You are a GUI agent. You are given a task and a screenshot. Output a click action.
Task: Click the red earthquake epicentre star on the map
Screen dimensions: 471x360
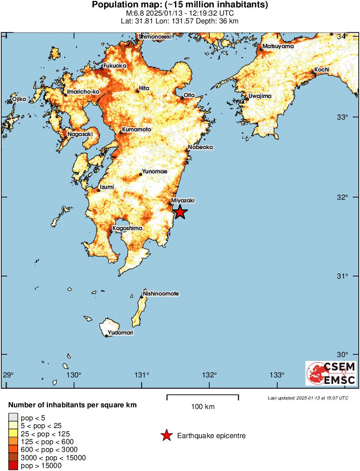point(180,212)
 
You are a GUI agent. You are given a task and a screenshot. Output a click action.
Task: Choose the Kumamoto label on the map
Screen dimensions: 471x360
point(136,130)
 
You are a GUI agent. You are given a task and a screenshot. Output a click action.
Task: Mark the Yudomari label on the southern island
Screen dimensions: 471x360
point(120,333)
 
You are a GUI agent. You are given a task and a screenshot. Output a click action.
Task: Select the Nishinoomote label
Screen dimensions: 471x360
point(161,294)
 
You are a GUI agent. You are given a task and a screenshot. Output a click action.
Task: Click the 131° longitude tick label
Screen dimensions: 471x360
point(142,375)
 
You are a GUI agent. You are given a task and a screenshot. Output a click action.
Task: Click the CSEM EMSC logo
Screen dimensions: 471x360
point(331,373)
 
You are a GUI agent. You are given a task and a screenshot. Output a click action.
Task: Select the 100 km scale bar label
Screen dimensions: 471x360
point(202,406)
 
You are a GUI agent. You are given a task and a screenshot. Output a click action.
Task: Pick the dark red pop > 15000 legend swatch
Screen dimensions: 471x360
point(13,466)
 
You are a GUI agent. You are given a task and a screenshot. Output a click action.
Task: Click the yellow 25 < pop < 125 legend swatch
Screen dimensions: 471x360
point(13,434)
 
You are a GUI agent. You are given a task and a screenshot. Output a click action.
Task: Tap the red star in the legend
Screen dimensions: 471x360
point(166,436)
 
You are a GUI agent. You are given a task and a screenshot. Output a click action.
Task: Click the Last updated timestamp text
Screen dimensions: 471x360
point(308,398)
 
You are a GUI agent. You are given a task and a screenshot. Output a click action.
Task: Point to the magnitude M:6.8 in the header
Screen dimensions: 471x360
point(134,13)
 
